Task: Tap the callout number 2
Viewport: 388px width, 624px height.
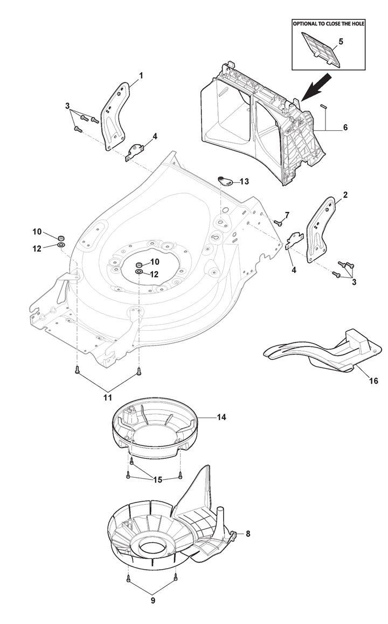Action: [345, 194]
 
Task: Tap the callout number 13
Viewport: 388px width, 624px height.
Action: [244, 182]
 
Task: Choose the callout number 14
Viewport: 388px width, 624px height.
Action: [222, 417]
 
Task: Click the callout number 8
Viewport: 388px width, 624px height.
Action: [247, 534]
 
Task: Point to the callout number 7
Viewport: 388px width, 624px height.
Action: [287, 215]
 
